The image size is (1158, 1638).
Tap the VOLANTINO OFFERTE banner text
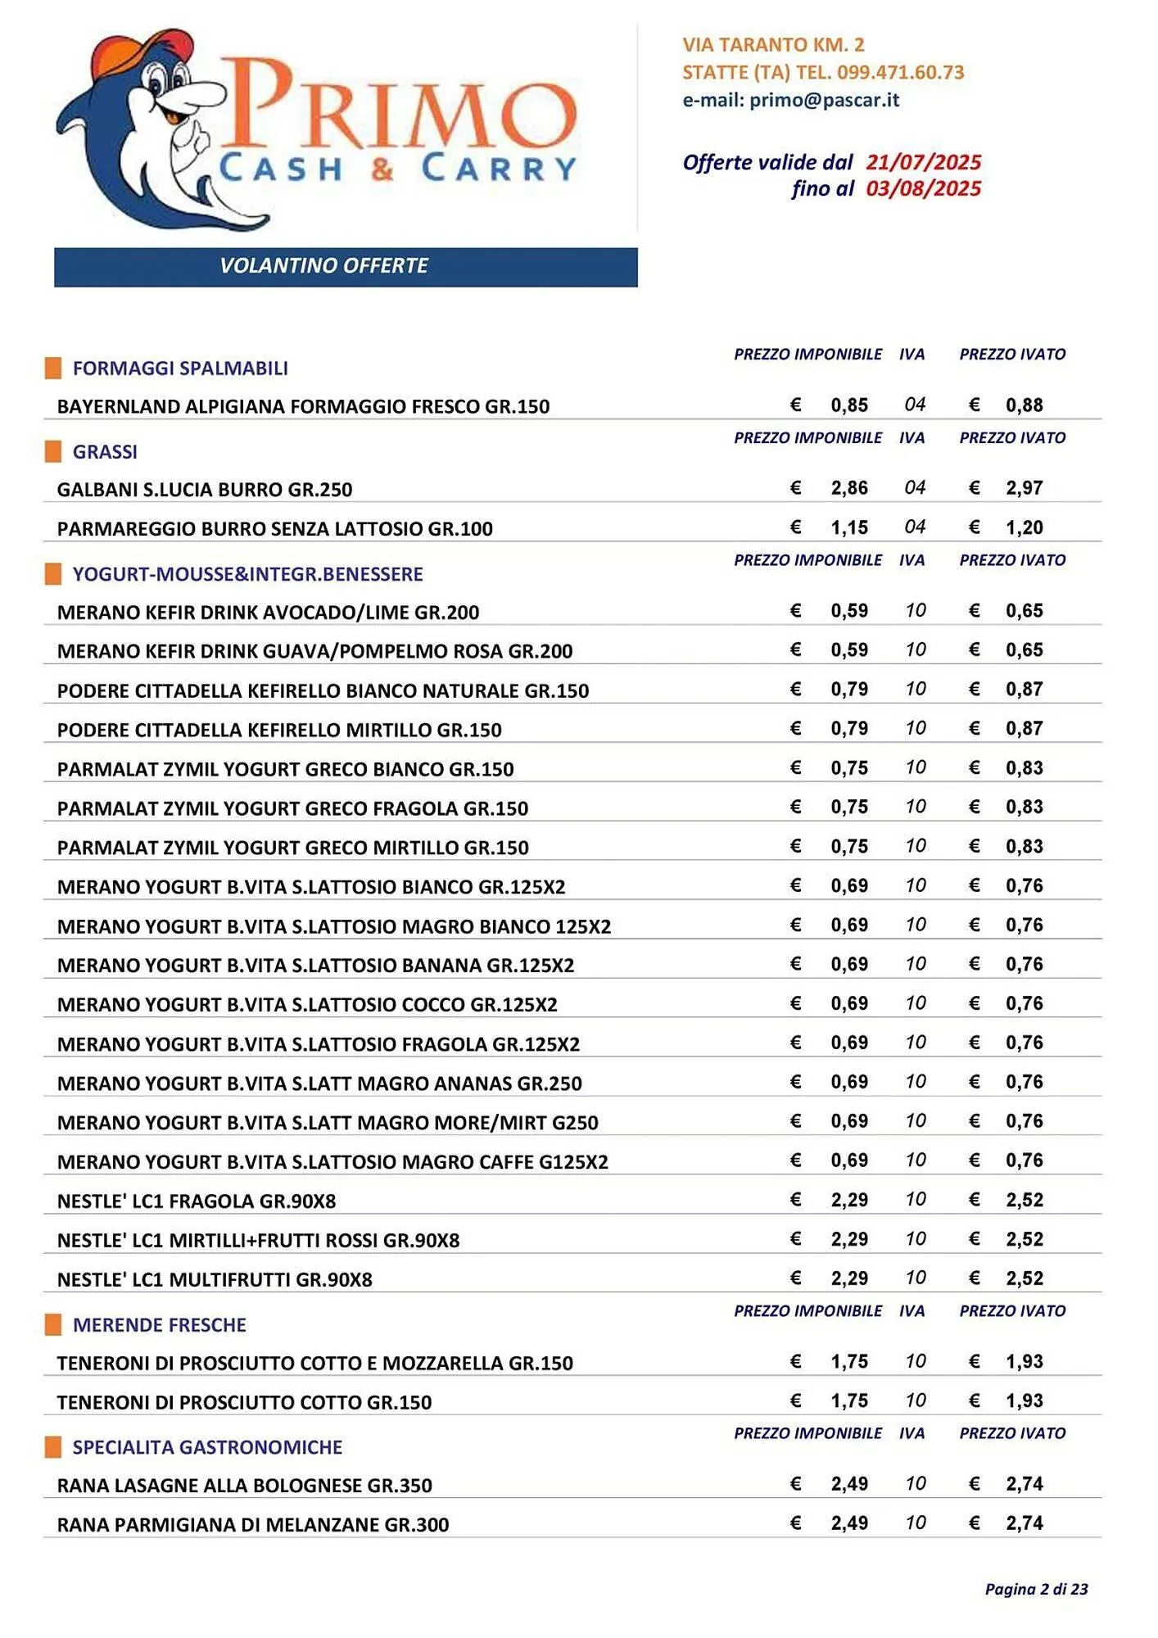323,266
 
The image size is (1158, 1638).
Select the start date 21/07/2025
923,162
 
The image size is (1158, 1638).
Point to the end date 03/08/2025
923,189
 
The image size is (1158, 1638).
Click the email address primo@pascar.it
824,100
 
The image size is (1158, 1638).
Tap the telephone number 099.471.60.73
900,72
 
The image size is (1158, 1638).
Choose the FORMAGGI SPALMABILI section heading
180,369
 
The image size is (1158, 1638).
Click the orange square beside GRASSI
53,451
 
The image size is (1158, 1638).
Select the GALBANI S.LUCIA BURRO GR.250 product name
205,490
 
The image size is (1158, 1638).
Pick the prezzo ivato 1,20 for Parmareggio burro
1024,527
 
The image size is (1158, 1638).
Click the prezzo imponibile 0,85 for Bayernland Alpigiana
848,405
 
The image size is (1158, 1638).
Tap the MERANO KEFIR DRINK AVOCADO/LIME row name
268,613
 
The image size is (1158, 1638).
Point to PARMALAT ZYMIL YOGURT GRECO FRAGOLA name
292,809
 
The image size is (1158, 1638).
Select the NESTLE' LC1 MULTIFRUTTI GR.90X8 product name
215,1280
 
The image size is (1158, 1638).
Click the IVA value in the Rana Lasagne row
915,1484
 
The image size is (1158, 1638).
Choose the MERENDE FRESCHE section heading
160,1325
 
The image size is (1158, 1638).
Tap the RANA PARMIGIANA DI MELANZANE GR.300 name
253,1525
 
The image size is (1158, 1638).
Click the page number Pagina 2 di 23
1036,1590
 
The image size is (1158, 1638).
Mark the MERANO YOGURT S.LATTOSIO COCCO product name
307,1005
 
